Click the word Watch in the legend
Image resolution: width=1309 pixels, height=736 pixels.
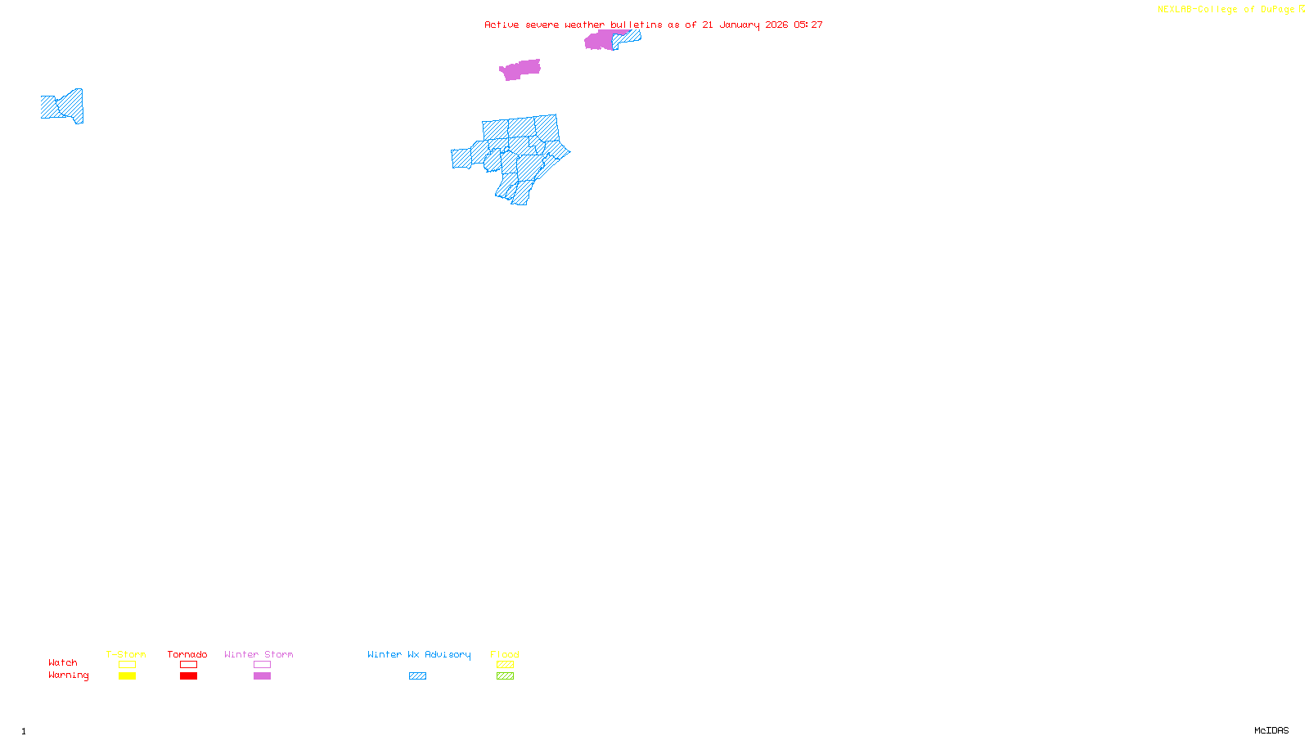63,662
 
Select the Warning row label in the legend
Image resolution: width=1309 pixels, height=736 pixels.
68,675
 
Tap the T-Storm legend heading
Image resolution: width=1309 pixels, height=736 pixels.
126,654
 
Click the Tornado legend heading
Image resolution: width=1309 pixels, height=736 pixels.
187,654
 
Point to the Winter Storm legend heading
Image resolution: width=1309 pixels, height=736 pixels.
259,654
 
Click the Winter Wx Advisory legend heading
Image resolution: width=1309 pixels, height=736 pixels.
419,654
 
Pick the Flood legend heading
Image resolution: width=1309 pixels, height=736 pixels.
505,654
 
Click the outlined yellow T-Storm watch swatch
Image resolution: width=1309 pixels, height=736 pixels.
127,665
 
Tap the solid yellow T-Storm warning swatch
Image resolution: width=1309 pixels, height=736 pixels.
127,676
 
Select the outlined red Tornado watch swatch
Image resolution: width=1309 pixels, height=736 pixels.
188,665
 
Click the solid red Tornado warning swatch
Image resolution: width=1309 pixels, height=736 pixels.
188,676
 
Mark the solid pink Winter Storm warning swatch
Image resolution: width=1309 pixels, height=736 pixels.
262,676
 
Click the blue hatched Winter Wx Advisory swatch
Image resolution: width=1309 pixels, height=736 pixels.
417,676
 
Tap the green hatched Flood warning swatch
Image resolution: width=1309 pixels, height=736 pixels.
505,676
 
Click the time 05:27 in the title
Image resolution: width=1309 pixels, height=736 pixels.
808,25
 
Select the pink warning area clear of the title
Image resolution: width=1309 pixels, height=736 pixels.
520,70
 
